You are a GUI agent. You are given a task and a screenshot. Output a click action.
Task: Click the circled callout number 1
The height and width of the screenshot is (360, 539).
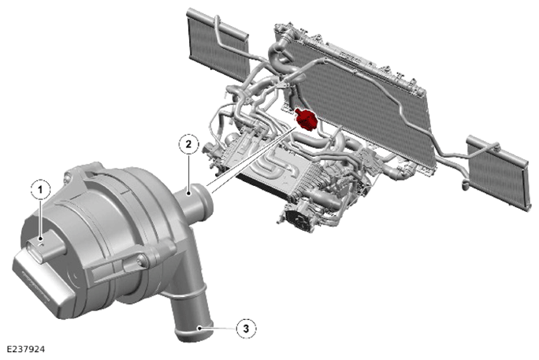pyautogui.click(x=40, y=190)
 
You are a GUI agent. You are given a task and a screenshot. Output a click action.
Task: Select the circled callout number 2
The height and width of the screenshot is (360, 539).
pyautogui.click(x=188, y=144)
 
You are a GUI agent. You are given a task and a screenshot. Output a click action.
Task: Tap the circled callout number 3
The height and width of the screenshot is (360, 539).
pyautogui.click(x=246, y=328)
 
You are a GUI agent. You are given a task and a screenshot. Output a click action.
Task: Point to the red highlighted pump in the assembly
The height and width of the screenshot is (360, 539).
pyautogui.click(x=305, y=119)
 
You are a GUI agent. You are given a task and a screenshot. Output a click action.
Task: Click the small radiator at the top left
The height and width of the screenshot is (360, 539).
pyautogui.click(x=217, y=43)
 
